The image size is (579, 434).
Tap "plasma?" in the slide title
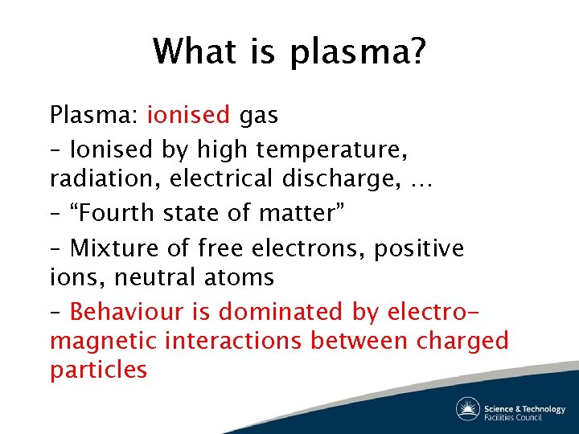point(359,54)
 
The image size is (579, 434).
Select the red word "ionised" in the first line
point(188,115)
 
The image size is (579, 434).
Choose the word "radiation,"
point(105,179)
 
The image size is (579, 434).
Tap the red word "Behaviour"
point(142,310)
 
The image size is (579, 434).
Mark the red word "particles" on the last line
point(98,371)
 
